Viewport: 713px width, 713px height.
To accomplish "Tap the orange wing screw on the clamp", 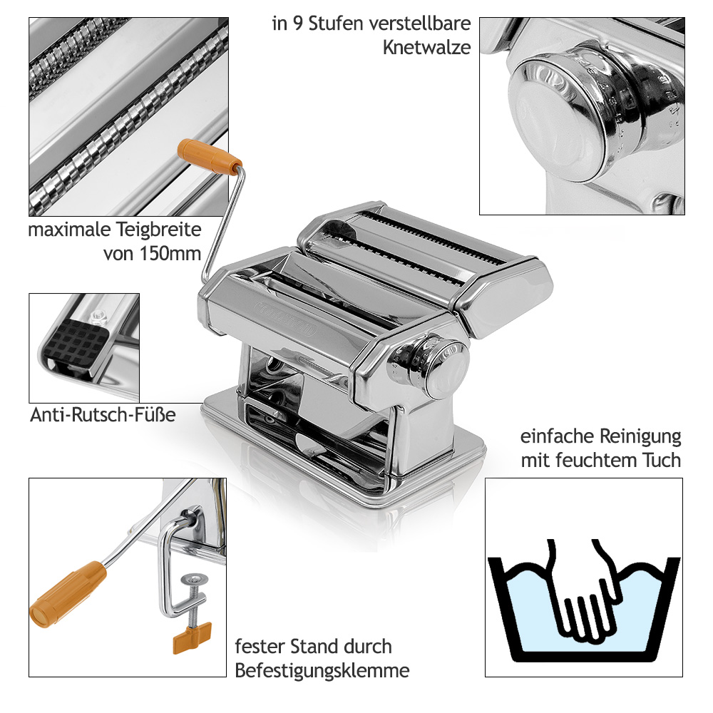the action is (193, 637).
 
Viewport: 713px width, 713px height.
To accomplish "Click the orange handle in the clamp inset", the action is (68, 595).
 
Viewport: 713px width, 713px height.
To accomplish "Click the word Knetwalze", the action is (426, 47).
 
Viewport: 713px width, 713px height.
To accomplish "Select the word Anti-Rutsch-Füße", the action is (103, 415).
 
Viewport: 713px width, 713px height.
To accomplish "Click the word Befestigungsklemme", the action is (322, 671).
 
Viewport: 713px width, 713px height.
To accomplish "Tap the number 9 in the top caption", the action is (297, 24).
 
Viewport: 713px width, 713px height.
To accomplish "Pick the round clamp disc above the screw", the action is (194, 579).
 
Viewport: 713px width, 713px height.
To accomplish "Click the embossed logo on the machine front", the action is (284, 318).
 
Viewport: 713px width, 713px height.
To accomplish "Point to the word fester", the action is (260, 647).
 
